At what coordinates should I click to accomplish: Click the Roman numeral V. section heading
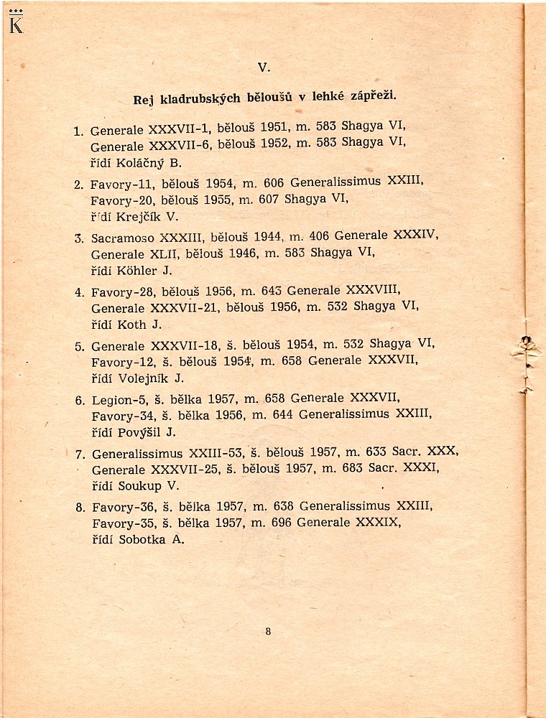tap(263, 67)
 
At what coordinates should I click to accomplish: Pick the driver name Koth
tap(131, 325)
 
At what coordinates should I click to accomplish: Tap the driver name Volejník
tap(144, 378)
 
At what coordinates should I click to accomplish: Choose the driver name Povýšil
tap(141, 432)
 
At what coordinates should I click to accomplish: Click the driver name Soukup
tap(139, 486)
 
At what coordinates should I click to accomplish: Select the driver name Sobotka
tap(142, 540)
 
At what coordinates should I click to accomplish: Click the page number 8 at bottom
tap(268, 632)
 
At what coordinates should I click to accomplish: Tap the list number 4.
tap(79, 292)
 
